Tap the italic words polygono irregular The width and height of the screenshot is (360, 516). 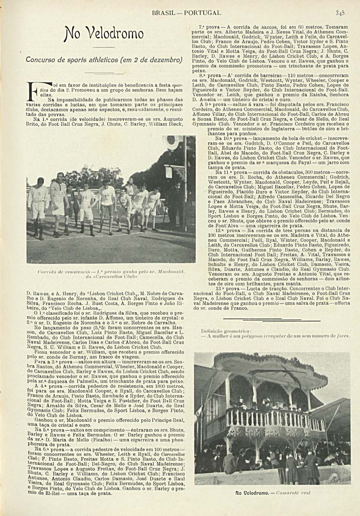tap(264, 336)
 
